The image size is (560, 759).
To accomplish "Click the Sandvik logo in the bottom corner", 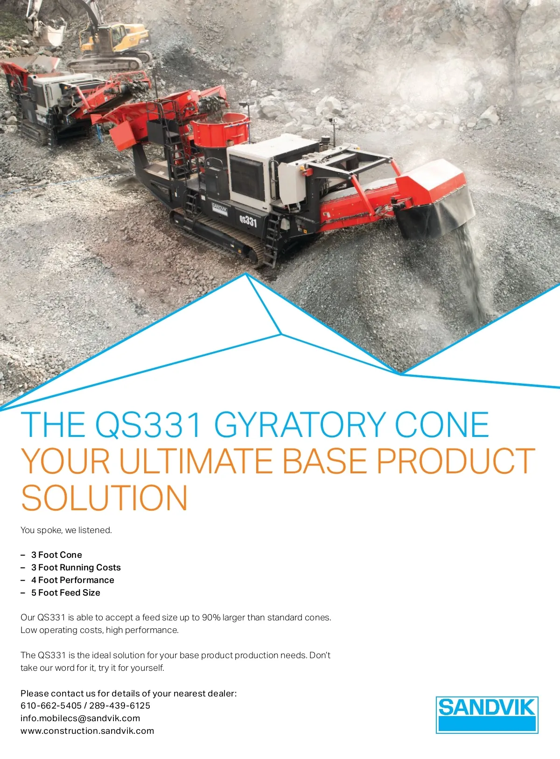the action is pyautogui.click(x=487, y=715).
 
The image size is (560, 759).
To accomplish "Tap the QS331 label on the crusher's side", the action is pyautogui.click(x=248, y=221).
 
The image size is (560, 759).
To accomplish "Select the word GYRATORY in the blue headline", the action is pyautogui.click(x=300, y=425).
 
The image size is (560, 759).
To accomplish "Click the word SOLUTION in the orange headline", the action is pyautogui.click(x=105, y=498).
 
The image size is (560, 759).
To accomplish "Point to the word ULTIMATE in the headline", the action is pyautogui.click(x=196, y=461).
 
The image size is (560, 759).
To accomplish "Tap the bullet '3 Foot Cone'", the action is pyautogui.click(x=56, y=555).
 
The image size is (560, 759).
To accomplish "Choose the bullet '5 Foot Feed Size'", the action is pyautogui.click(x=66, y=593).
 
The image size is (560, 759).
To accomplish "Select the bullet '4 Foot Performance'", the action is pyautogui.click(x=72, y=580).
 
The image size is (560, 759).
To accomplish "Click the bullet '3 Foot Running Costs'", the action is pyautogui.click(x=76, y=567).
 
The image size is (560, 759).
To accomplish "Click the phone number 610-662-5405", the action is pyautogui.click(x=51, y=706).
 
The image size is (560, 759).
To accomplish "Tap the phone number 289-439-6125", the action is pyautogui.click(x=120, y=706).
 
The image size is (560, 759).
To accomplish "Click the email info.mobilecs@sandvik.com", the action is pyautogui.click(x=80, y=718).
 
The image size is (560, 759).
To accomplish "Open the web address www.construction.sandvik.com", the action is pyautogui.click(x=87, y=731).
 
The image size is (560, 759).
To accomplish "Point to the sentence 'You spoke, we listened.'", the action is pyautogui.click(x=66, y=530).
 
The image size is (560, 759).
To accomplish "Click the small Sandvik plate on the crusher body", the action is pyautogui.click(x=219, y=208).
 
